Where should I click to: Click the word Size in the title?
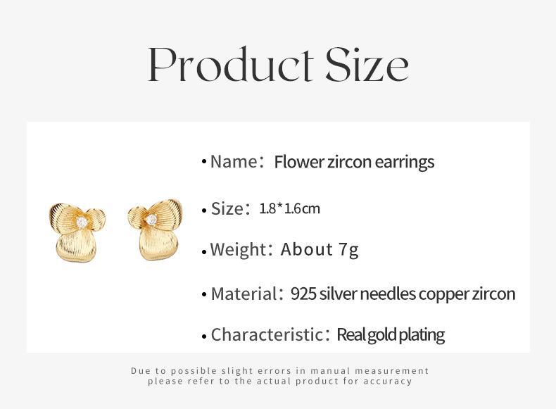click(367, 64)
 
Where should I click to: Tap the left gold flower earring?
click(77, 232)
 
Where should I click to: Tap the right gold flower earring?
click(156, 229)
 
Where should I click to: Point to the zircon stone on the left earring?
click(82, 222)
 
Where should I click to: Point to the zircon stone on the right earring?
click(152, 220)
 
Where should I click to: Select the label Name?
click(234, 162)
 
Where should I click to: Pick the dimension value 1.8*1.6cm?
click(290, 208)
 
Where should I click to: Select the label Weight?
click(238, 249)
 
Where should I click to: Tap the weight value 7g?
click(349, 249)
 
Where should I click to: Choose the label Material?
click(244, 294)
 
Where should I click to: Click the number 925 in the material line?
click(303, 294)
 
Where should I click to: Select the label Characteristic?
click(266, 334)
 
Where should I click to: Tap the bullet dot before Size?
click(204, 210)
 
